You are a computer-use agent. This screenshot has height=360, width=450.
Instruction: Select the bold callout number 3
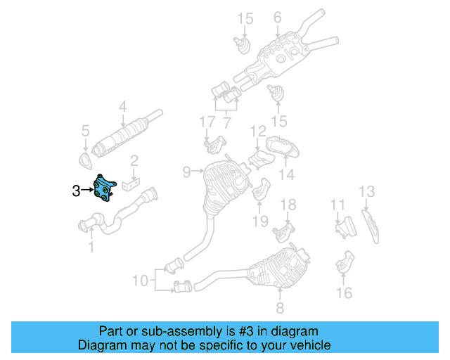coord(75,189)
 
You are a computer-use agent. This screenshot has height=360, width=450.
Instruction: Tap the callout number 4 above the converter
coord(122,108)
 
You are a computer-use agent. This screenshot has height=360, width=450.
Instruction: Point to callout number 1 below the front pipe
coord(90,246)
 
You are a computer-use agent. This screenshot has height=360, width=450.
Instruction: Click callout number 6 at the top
coord(277,18)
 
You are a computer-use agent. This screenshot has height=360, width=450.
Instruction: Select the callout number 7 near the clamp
coord(226,123)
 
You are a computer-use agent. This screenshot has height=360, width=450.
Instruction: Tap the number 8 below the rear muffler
coord(279,307)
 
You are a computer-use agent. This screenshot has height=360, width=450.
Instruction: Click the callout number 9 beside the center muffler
coord(186,170)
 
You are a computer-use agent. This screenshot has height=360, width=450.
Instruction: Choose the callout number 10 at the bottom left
coord(140,281)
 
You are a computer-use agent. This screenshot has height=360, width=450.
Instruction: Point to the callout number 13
coord(367,191)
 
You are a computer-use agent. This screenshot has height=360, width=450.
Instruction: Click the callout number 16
coord(344,292)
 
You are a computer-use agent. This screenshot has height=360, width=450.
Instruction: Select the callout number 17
coord(205,122)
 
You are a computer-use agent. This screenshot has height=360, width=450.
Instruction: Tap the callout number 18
coord(288,205)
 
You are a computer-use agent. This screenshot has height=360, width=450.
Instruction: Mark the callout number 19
coord(260,221)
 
